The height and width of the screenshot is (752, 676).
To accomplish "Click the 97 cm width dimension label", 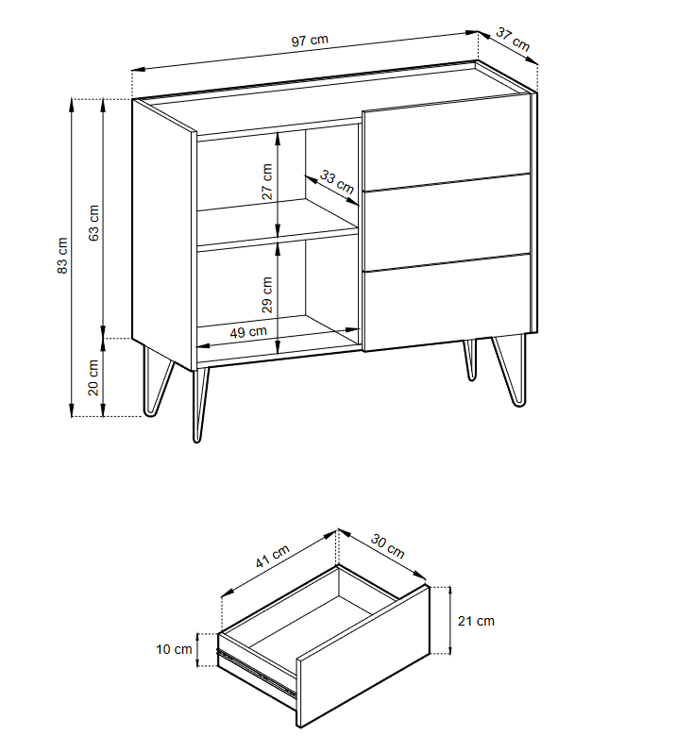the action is pos(310,40).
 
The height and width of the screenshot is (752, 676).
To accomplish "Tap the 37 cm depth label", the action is pos(513,40).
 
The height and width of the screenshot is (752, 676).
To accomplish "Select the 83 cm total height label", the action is pos(62,256).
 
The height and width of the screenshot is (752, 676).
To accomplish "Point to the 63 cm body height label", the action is pos(93,223).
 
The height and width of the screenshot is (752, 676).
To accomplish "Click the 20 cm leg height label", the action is pos(93,378).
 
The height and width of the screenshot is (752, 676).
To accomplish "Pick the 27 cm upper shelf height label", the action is pos(267,181).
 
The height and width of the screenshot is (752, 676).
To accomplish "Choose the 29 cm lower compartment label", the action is pos(267,294).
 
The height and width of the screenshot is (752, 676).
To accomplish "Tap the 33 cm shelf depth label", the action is pos(337,182).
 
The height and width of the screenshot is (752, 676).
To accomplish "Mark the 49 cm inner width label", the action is pos(248,332).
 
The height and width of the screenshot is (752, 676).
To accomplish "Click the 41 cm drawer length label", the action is pos(272,557).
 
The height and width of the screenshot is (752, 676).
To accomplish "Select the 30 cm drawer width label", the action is pos(388,546).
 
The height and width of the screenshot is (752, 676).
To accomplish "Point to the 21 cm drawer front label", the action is pos(476,621).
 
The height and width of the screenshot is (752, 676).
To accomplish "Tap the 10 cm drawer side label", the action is pos(174,649).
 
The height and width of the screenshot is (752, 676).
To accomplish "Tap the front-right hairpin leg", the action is pos(510,370).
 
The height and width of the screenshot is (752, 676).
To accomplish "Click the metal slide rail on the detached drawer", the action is pos(256,671).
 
